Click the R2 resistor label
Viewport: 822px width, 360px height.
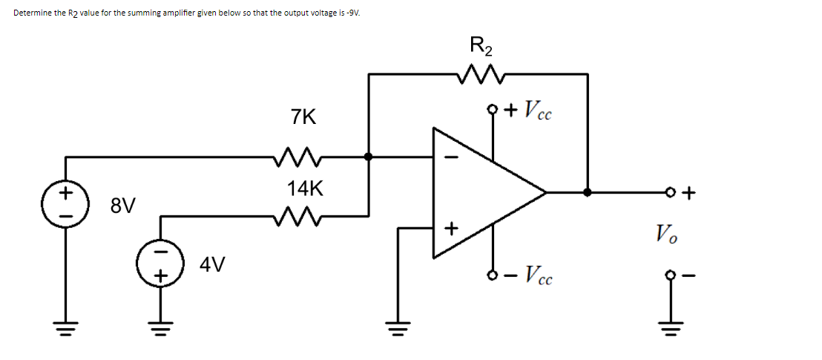(481, 45)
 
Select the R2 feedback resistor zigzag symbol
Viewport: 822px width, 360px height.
(481, 73)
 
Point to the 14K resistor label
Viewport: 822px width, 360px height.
(305, 189)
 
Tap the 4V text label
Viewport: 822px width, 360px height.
(214, 264)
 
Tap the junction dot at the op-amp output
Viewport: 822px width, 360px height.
(588, 192)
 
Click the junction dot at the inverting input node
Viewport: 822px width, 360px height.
(369, 157)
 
